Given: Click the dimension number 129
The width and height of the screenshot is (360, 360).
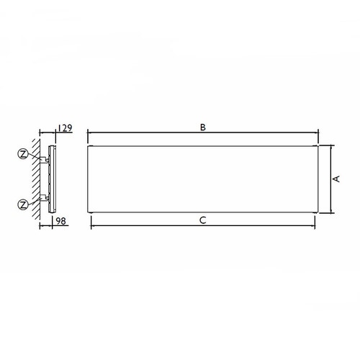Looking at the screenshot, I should [x=64, y=128].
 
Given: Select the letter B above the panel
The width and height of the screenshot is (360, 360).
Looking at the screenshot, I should [x=204, y=127].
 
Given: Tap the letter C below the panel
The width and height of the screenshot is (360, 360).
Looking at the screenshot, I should [x=204, y=221].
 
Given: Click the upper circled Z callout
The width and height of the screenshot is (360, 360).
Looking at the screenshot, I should [x=24, y=153].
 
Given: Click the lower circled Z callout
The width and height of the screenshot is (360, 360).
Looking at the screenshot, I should [x=24, y=204].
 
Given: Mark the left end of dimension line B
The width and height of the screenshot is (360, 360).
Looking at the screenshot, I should [x=87, y=132].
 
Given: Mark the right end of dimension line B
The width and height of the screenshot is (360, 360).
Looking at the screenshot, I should [x=318, y=132].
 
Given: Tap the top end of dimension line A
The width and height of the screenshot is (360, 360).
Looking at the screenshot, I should [x=330, y=145].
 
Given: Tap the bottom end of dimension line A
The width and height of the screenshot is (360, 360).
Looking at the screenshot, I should [x=330, y=212].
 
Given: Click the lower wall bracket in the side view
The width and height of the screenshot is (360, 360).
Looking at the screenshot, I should [x=45, y=196].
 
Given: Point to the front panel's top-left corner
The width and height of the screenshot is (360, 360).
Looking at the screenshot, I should [x=88, y=145].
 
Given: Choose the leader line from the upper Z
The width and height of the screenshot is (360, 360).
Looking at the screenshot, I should [x=36, y=157].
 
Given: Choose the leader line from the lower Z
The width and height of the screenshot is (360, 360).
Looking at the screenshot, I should [x=36, y=200].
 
